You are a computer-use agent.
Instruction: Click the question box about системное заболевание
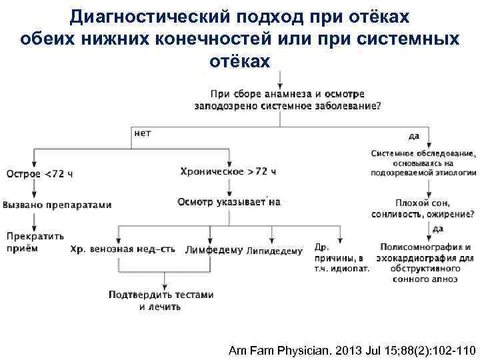tap(288, 99)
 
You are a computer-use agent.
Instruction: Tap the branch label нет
tap(143, 133)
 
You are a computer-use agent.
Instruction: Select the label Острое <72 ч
tap(39, 174)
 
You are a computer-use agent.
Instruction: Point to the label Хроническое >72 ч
tap(228, 171)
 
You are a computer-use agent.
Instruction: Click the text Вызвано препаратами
tap(57, 205)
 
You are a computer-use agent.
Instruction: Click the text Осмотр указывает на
tap(229, 201)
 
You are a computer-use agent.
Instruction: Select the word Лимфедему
tap(214, 250)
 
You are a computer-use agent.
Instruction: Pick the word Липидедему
tap(274, 251)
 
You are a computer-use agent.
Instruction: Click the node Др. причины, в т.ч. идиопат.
tap(341, 256)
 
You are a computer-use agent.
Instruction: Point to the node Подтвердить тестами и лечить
tap(162, 301)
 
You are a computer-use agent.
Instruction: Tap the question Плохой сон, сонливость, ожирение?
tap(425, 209)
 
